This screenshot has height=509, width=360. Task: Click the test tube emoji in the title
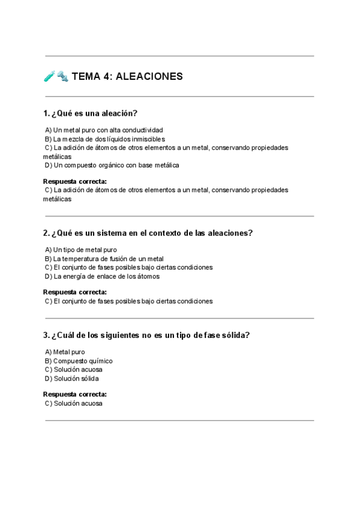tap(49, 76)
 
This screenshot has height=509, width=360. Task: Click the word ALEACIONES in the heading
tap(149, 77)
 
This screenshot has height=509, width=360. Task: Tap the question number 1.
tap(46, 113)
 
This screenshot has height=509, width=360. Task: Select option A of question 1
tap(103, 130)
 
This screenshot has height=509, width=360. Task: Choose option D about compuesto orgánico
tap(112, 165)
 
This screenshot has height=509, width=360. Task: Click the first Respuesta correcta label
tap(75, 181)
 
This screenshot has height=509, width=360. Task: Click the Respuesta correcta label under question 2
tap(75, 292)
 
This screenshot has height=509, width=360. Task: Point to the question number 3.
tap(46, 335)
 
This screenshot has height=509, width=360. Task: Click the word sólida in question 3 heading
tap(233, 335)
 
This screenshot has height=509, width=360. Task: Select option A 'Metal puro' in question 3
tap(65, 352)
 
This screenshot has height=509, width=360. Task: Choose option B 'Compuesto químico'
tap(79, 361)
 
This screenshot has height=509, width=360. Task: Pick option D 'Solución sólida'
tap(72, 379)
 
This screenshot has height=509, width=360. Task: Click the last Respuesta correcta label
tap(75, 394)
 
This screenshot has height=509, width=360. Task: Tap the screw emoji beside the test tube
tap(62, 76)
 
